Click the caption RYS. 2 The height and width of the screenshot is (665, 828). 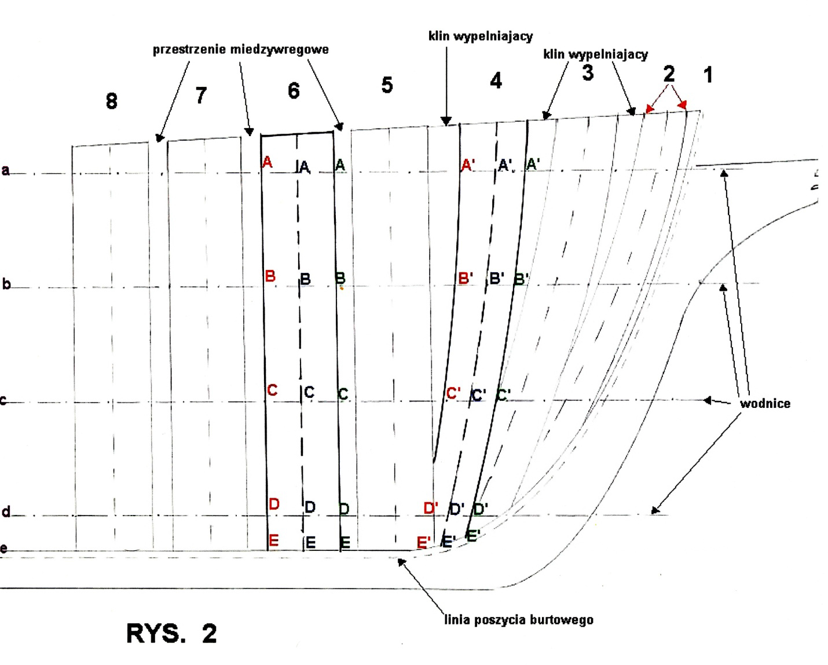coord(171,634)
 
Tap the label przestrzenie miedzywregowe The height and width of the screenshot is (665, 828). coord(241,50)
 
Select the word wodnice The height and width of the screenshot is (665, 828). coord(765,404)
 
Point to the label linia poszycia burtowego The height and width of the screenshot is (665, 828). coord(519,620)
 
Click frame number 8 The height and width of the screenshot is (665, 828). coord(111,101)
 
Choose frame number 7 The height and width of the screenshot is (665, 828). coord(200,96)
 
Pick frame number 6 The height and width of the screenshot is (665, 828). coord(294,91)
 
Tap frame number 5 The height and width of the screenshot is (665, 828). coord(387,86)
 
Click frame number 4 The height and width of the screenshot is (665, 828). coord(496,81)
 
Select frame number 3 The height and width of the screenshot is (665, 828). coord(587,74)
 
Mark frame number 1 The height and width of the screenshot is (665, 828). coord(707,75)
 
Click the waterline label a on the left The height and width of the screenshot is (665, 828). coord(6,170)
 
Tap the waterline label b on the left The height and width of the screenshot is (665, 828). coord(6,284)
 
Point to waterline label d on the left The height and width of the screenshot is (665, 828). coord(6,512)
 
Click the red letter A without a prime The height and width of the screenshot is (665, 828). coord(267,162)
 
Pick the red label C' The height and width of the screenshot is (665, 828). coord(453,393)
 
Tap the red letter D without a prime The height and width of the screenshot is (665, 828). coord(274,504)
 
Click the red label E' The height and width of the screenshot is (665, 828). coord(424,543)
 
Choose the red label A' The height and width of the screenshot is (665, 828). coord(468,166)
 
